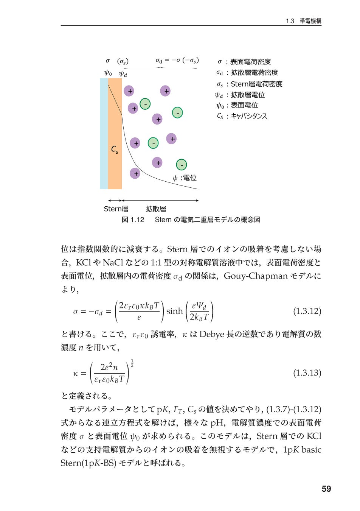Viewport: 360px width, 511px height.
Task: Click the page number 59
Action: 326,489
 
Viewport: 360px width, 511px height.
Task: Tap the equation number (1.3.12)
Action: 307,311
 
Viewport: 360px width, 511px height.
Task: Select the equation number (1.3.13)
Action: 307,373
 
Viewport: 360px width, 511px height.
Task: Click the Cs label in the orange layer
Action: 115,149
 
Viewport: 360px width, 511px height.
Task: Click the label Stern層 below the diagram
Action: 116,209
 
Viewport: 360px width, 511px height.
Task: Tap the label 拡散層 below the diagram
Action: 156,209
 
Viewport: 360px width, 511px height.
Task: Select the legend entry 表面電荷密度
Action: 250,62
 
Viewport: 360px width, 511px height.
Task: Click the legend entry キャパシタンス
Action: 249,116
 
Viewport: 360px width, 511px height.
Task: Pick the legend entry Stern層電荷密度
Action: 256,84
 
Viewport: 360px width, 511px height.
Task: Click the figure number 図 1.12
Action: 133,220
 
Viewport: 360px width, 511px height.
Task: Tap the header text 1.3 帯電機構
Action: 303,21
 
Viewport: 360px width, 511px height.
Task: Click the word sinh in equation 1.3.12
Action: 174,311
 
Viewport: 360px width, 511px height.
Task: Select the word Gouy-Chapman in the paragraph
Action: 256,276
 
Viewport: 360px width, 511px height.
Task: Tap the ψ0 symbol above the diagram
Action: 108,73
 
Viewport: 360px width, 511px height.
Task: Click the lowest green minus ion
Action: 182,165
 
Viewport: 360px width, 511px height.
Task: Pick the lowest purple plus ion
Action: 135,173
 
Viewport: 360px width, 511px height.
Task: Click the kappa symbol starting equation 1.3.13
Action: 76,373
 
